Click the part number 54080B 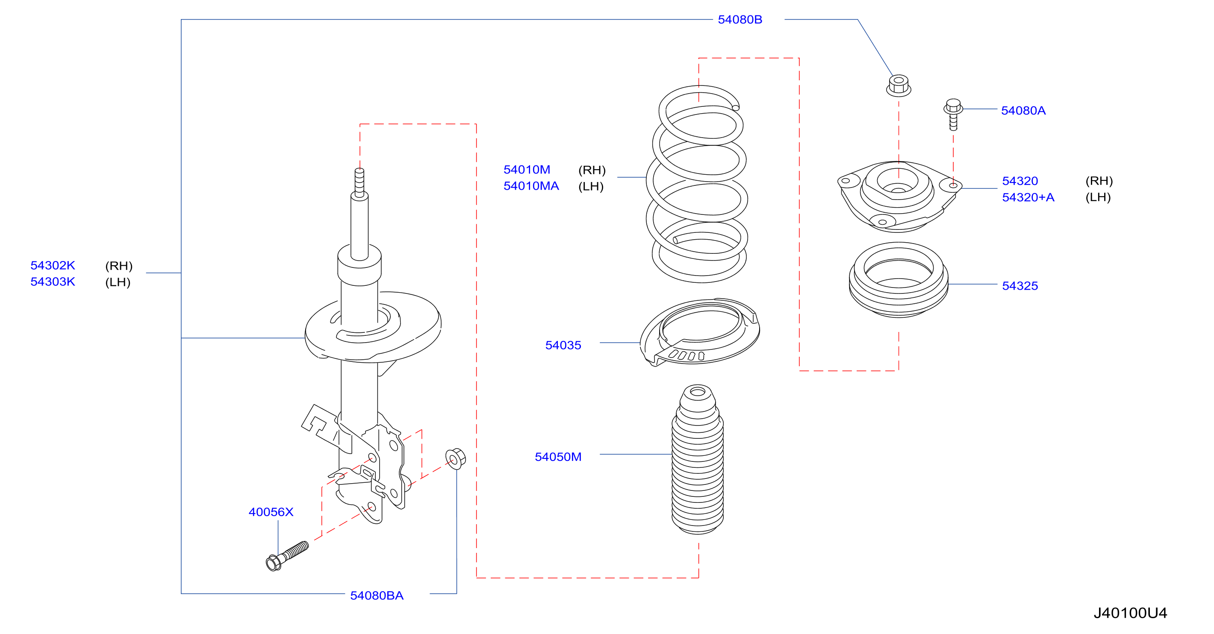pyautogui.click(x=740, y=20)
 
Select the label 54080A pyautogui.click(x=1023, y=111)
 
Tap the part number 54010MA pyautogui.click(x=531, y=186)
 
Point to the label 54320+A pyautogui.click(x=1028, y=197)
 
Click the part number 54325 pyautogui.click(x=1020, y=286)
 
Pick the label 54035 pyautogui.click(x=563, y=345)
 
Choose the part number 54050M pyautogui.click(x=558, y=457)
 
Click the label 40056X pyautogui.click(x=271, y=512)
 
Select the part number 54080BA pyautogui.click(x=377, y=596)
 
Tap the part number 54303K pyautogui.click(x=53, y=282)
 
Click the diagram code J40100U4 pyautogui.click(x=1130, y=613)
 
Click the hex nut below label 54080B pyautogui.click(x=898, y=86)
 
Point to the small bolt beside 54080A pyautogui.click(x=953, y=114)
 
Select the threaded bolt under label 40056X pyautogui.click(x=287, y=556)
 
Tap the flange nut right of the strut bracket pyautogui.click(x=456, y=458)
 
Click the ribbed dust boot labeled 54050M pyautogui.click(x=698, y=459)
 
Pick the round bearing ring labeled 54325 pyautogui.click(x=898, y=280)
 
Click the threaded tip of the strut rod pyautogui.click(x=359, y=183)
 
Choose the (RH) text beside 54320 pyautogui.click(x=1099, y=181)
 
